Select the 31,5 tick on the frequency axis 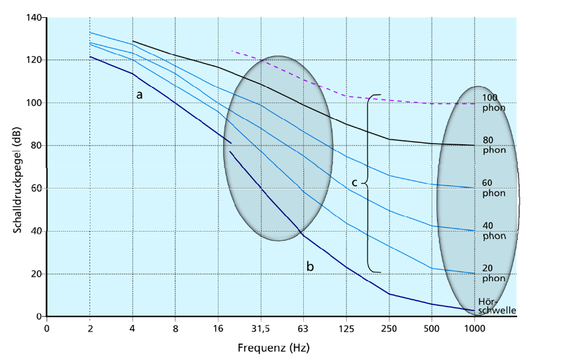pos(260,328)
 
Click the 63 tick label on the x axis pos(303,328)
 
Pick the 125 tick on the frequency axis pos(346,328)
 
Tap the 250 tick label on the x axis pos(389,328)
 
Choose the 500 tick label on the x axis pos(432,328)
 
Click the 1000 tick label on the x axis pos(474,328)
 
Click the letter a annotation pos(139,95)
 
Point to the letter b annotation pos(310,266)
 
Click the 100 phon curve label pos(491,102)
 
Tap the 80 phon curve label pos(491,145)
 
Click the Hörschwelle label pos(497,305)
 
